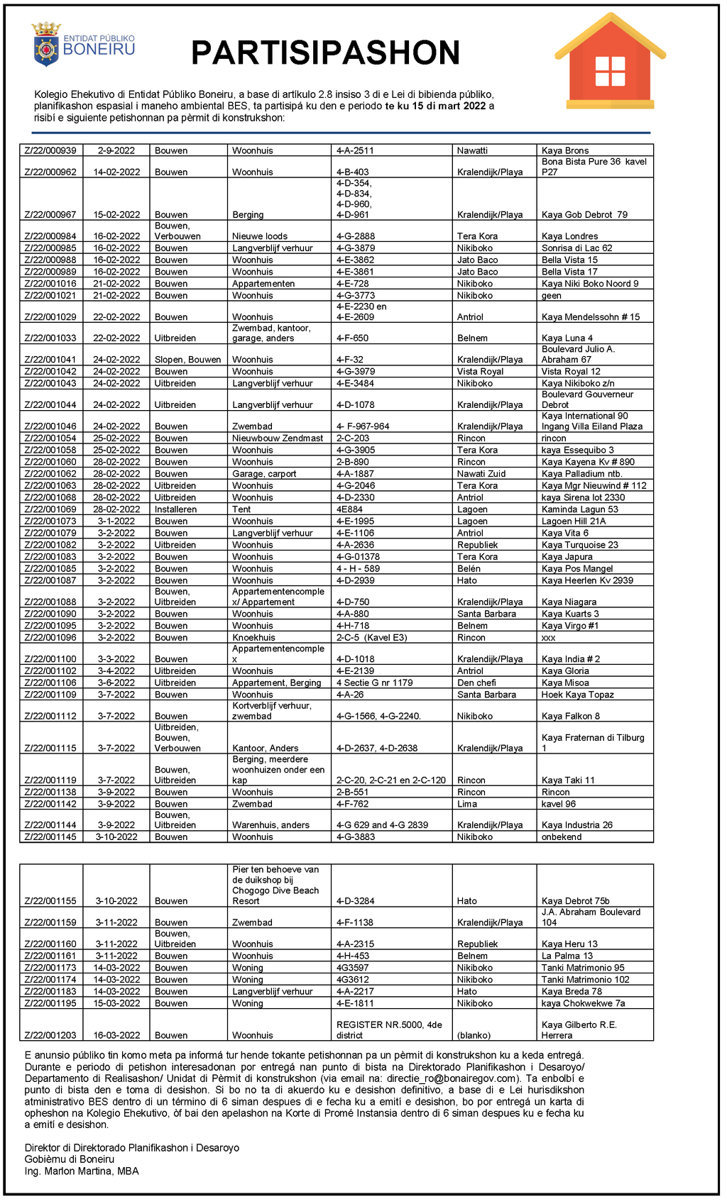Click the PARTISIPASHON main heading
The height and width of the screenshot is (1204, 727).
326,53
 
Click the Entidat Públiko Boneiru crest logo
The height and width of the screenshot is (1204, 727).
46,45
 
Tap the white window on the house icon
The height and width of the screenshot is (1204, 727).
610,71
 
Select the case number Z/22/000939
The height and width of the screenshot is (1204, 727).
50,151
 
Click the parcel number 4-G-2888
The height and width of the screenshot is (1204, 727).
356,236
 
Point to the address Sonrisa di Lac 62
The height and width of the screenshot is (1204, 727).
576,248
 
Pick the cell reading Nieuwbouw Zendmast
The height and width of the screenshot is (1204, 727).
278,438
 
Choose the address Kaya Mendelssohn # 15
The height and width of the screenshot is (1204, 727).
590,317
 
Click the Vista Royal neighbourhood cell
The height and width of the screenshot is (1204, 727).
480,372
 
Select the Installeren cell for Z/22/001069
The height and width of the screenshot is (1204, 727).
176,509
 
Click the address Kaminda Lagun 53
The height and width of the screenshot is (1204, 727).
579,509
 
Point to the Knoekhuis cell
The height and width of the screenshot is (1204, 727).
253,638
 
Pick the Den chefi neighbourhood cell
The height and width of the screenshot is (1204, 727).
476,683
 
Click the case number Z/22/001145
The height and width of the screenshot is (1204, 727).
50,837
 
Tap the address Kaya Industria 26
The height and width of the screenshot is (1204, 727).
576,825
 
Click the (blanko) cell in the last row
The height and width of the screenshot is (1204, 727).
474,1036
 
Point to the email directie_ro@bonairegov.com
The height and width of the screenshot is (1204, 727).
450,1078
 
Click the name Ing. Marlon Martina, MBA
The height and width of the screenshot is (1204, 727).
82,1171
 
